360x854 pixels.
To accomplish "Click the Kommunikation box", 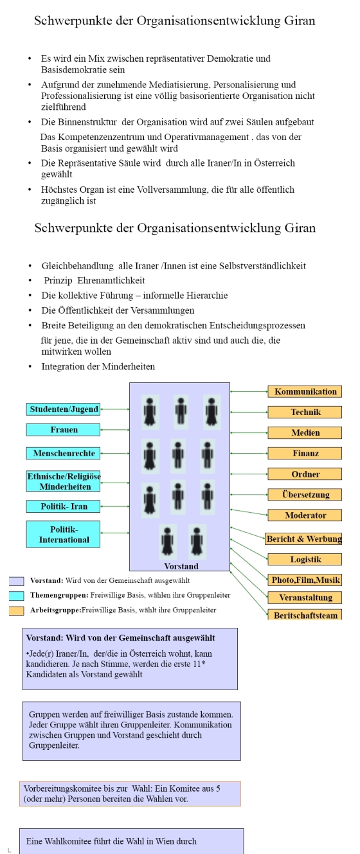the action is pos(305,391).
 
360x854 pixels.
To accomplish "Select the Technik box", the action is pos(305,412).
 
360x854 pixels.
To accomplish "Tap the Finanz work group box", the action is pos(305,453).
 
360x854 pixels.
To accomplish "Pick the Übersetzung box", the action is pos(305,495).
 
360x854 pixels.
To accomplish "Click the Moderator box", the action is pos(305,515).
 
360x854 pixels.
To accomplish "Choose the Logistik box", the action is pos(305,559).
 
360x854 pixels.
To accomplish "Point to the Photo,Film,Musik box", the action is pos(305,580).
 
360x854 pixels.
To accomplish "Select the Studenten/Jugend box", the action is pos(63,409).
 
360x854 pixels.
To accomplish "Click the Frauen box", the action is pos(63,430).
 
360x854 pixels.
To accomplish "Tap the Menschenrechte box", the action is pos(63,453).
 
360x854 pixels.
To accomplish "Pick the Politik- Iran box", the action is pos(63,506).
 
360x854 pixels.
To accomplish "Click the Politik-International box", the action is pos(63,534).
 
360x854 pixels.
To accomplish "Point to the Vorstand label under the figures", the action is pos(181,566).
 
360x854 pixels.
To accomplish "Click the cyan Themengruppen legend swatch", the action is pos(17,596).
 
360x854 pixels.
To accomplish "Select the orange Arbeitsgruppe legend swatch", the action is pos(17,610).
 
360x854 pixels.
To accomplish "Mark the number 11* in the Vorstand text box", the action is pos(199,664).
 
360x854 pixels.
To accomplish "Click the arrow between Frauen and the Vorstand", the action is pos(115,430).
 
